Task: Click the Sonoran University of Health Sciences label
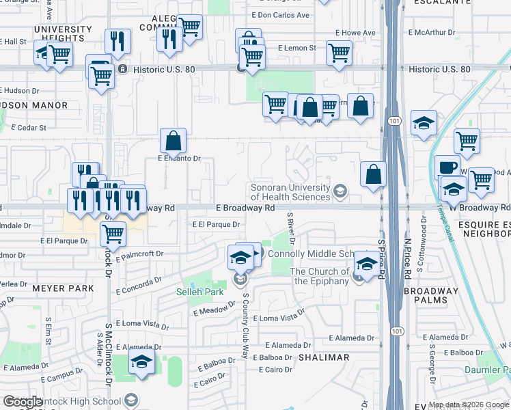point(290,191)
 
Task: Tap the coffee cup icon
point(447,167)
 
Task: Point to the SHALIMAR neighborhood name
point(323,357)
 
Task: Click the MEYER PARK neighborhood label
point(63,288)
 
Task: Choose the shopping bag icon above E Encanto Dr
point(174,141)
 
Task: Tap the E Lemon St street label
point(297,49)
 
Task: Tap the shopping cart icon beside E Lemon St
point(339,53)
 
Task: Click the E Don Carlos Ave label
point(280,15)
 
